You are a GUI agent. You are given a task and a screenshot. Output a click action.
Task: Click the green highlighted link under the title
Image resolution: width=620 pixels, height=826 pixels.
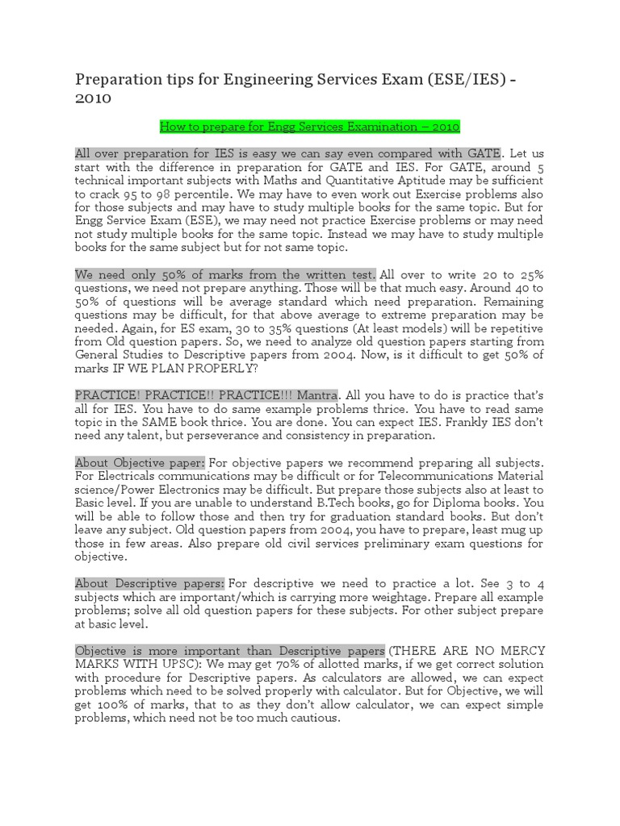(310, 127)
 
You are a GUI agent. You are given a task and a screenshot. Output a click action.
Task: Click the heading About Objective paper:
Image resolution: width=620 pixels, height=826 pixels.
(140, 463)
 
